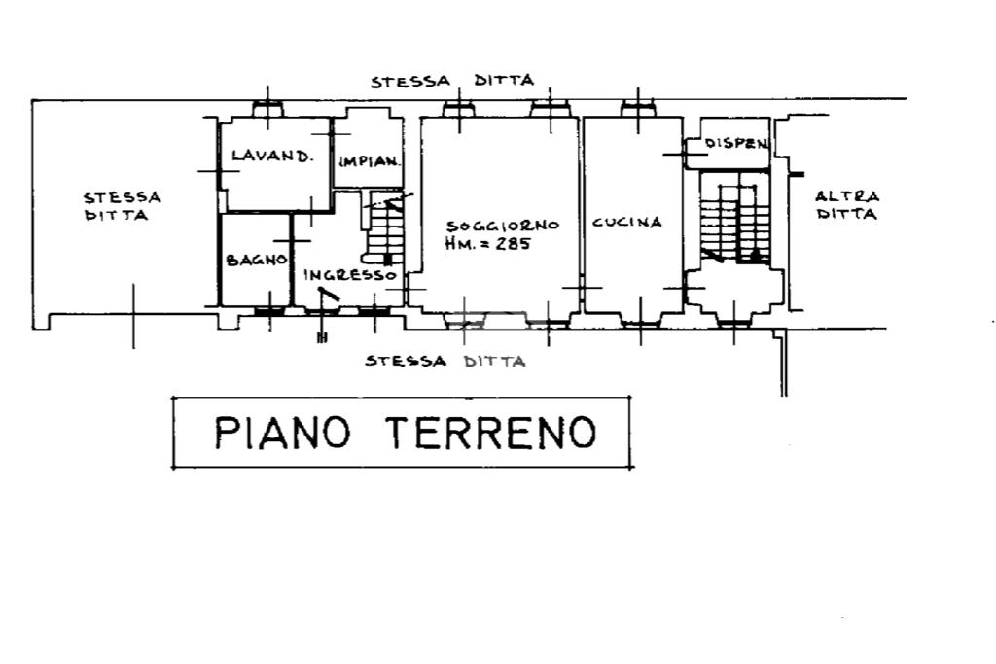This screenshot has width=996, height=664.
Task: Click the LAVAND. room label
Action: tap(272, 156)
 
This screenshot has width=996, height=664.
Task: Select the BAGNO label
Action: tap(257, 260)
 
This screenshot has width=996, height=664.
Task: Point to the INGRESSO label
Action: tap(350, 275)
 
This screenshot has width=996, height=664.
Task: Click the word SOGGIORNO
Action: tap(503, 226)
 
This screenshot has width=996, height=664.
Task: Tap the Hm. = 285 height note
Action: tap(488, 243)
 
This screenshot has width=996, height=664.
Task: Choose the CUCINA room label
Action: tap(627, 222)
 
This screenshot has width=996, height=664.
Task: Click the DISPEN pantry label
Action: tap(736, 144)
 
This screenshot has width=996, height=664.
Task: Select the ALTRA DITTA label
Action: tap(847, 205)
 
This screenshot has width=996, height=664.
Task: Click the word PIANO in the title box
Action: tap(283, 433)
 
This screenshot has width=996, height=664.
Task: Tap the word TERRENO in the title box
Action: tap(491, 433)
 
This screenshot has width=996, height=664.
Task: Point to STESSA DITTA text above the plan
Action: tap(452, 81)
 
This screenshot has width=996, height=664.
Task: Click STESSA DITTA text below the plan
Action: tap(445, 362)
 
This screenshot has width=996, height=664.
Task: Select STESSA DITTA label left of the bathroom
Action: tap(123, 206)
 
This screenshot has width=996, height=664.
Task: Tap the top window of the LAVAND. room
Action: tap(267, 109)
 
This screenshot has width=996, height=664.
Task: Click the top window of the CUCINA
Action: tap(638, 109)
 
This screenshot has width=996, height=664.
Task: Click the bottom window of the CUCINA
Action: tap(640, 323)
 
